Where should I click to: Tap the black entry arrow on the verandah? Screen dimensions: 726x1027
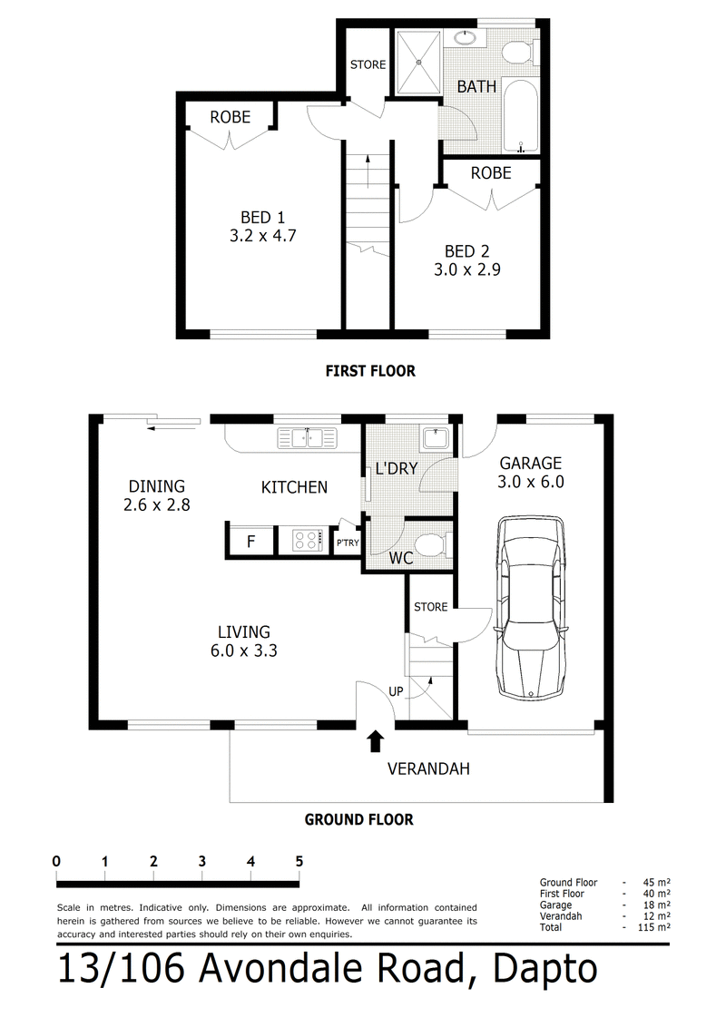(375, 741)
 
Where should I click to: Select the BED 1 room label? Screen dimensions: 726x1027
(263, 217)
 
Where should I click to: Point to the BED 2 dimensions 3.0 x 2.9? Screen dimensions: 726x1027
(467, 269)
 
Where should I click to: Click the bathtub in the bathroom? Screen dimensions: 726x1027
(522, 117)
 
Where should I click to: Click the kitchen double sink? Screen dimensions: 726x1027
(308, 437)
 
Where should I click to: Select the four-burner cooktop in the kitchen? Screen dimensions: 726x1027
(306, 541)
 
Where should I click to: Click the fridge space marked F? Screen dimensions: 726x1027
(251, 541)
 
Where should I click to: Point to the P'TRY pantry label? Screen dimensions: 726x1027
(348, 543)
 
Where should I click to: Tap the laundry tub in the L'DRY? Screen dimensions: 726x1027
(435, 438)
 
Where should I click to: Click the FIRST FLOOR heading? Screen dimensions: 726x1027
(371, 371)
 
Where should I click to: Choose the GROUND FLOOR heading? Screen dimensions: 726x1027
(359, 819)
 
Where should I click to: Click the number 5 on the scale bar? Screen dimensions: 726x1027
(299, 861)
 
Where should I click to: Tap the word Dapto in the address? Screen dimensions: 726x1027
(545, 969)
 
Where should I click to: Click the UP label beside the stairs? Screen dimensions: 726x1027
(396, 691)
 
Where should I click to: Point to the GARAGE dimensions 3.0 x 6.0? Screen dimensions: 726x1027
(531, 482)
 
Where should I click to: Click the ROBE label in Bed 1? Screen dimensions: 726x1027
(230, 117)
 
